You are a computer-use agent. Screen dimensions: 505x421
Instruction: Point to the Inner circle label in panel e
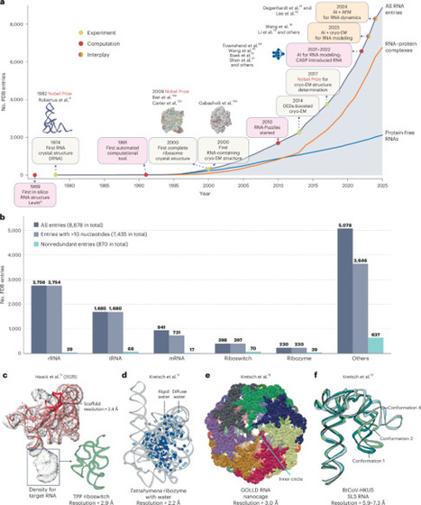click(x=293, y=466)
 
